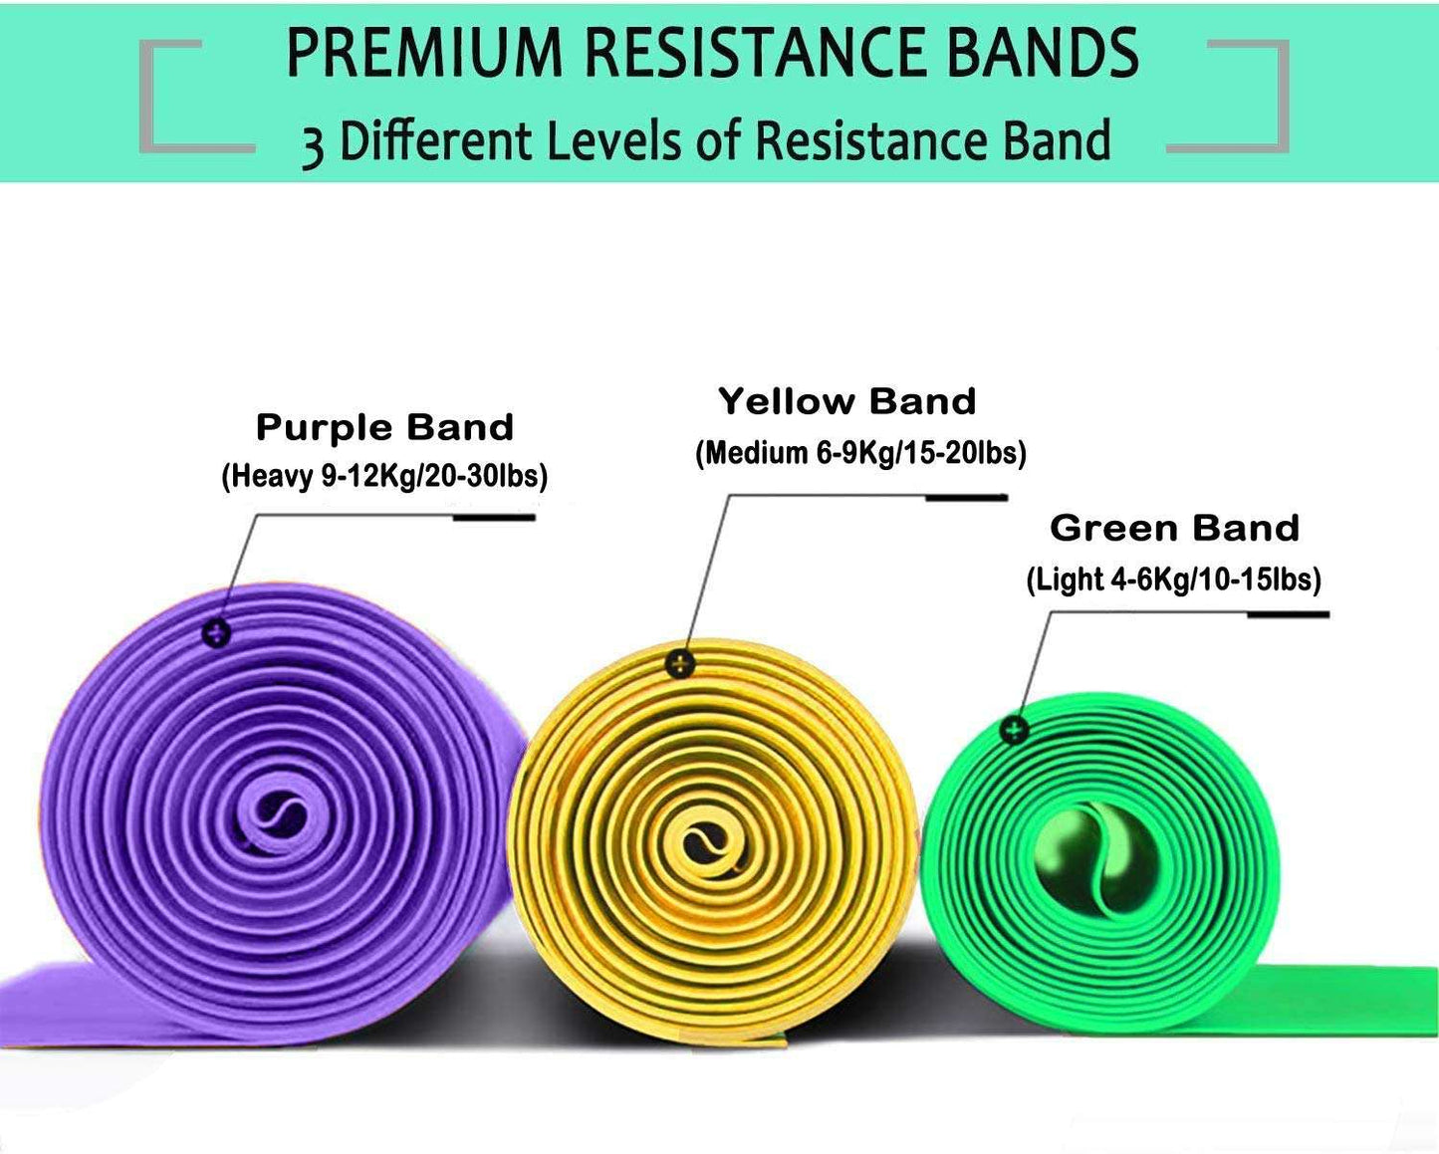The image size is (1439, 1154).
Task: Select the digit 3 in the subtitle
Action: tap(313, 144)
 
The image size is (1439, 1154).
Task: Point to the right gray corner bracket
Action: tap(1245, 97)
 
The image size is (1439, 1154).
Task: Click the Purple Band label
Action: tap(384, 428)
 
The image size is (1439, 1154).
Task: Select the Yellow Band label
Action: tap(846, 402)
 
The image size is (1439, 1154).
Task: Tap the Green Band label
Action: tap(1174, 529)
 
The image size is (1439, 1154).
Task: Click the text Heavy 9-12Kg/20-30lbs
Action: tap(384, 476)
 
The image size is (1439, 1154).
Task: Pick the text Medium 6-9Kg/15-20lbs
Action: tap(860, 453)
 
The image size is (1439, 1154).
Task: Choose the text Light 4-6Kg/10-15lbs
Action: tap(1173, 579)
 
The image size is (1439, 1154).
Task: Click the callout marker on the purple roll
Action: tap(216, 632)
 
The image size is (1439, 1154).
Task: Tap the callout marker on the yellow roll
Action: tap(679, 663)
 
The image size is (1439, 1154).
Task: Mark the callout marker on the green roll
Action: tap(1014, 730)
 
